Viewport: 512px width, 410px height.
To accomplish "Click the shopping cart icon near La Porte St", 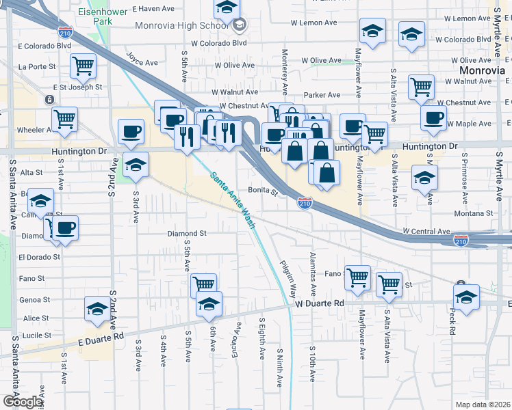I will (x=83, y=66).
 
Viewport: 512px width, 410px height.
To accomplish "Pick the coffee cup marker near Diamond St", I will (x=66, y=228).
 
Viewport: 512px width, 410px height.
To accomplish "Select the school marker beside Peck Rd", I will (x=466, y=297).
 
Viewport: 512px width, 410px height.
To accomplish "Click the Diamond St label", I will (x=187, y=234).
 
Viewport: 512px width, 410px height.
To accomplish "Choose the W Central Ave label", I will (x=426, y=232).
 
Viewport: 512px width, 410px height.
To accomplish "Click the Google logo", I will (x=23, y=402).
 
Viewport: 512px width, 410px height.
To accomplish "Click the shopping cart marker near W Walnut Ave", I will (x=421, y=87).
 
